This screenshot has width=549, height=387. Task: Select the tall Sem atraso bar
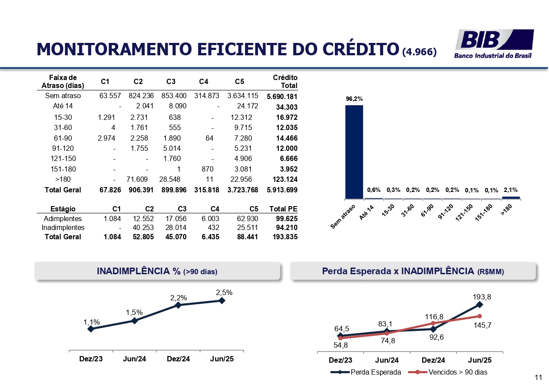pyautogui.click(x=354, y=152)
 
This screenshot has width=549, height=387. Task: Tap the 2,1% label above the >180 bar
pyautogui.click(x=511, y=190)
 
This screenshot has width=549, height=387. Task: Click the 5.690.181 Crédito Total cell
pyautogui.click(x=282, y=96)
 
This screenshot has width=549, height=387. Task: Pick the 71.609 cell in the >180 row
pyautogui.click(x=138, y=180)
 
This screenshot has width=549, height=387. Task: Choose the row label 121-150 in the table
pyautogui.click(x=63, y=159)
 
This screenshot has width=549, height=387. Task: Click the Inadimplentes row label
pyautogui.click(x=63, y=228)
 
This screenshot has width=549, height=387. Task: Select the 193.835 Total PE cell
pyautogui.click(x=285, y=237)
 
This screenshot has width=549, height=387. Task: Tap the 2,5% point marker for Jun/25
pyautogui.click(x=222, y=300)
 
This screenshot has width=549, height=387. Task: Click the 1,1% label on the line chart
pyautogui.click(x=92, y=323)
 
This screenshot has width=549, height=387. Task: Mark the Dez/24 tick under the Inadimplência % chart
pyautogui.click(x=178, y=359)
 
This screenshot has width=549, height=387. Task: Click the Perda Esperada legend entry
pyautogui.click(x=366, y=372)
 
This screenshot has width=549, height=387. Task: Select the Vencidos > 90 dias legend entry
pyautogui.click(x=448, y=372)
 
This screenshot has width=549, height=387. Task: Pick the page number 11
pyautogui.click(x=538, y=377)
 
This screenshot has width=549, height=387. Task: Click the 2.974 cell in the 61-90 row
pyautogui.click(x=107, y=138)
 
